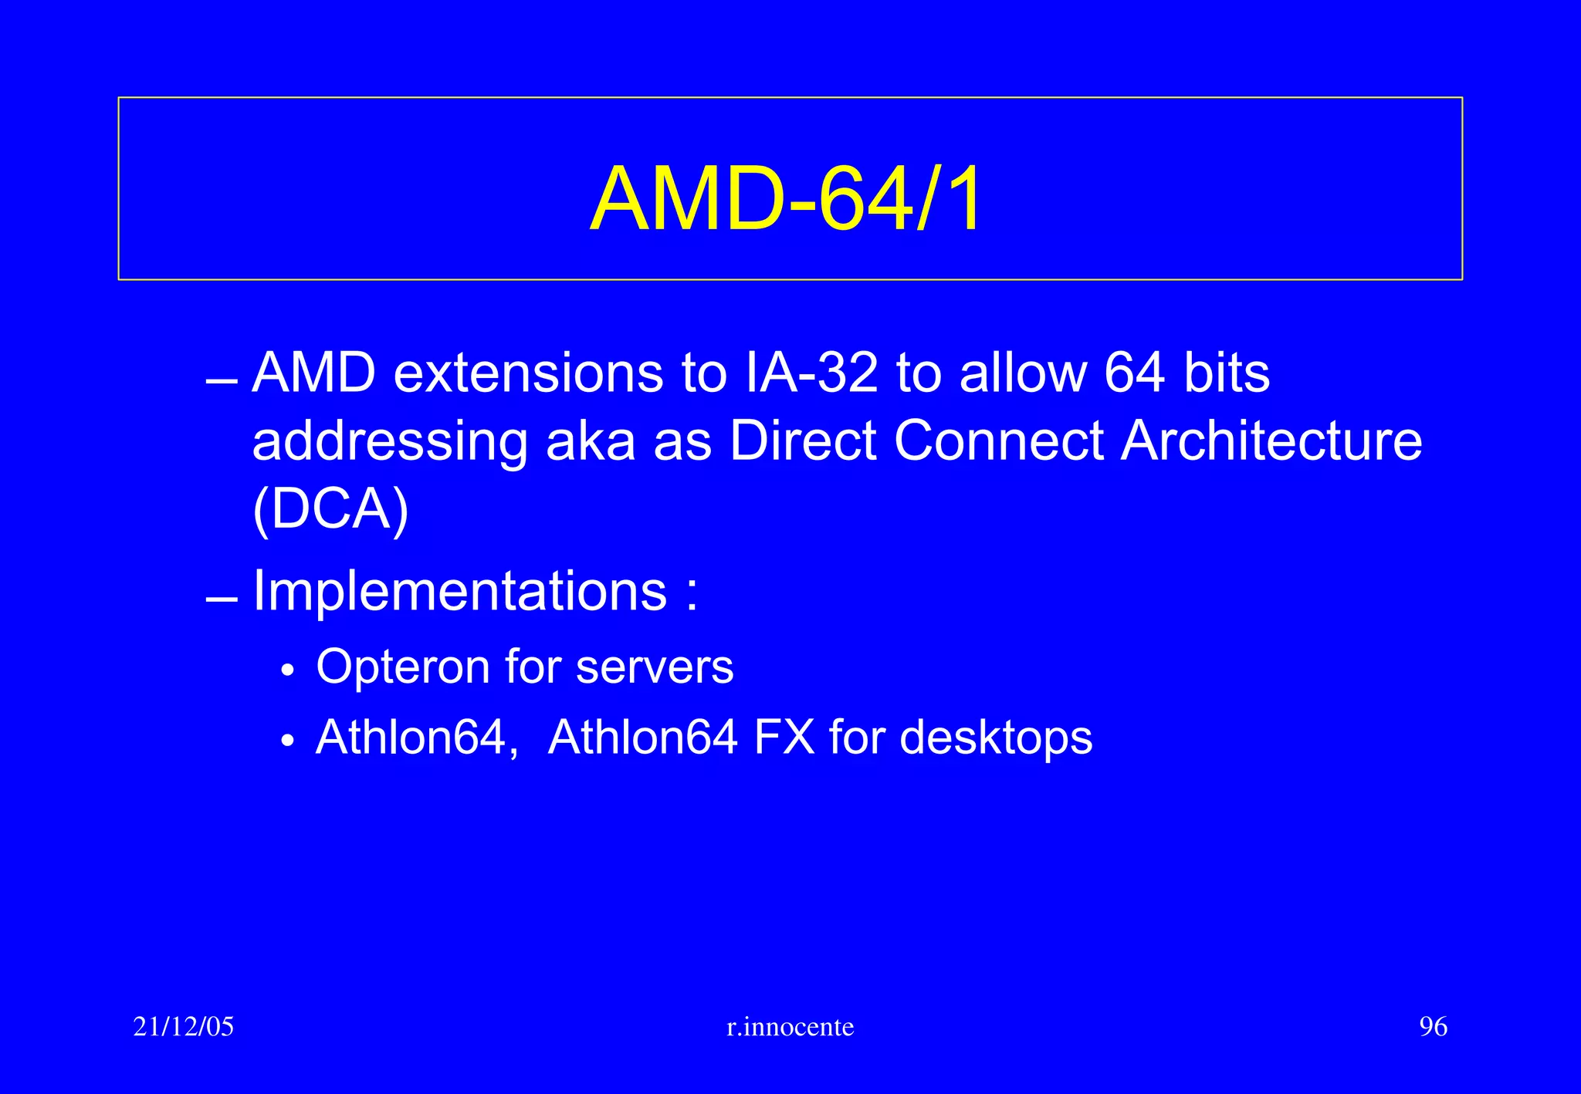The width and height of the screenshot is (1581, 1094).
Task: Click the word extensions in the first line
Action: coord(528,373)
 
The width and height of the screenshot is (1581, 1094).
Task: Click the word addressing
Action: coord(390,443)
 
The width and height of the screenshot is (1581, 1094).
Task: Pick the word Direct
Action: coord(803,441)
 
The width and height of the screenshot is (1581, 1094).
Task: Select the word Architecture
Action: coord(1271,441)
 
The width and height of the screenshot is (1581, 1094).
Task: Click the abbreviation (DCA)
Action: coord(330,511)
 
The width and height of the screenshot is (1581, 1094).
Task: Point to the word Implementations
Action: coord(460,592)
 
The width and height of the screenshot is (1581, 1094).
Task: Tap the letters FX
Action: coord(784,737)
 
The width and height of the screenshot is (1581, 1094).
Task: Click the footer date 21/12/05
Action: coord(184,1027)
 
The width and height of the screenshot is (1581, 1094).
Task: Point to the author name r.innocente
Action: coord(790,1027)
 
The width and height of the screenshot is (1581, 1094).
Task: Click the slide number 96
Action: coord(1433,1027)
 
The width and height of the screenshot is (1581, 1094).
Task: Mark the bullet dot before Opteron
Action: coord(288,671)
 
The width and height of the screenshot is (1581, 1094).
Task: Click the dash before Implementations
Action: coord(222,599)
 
